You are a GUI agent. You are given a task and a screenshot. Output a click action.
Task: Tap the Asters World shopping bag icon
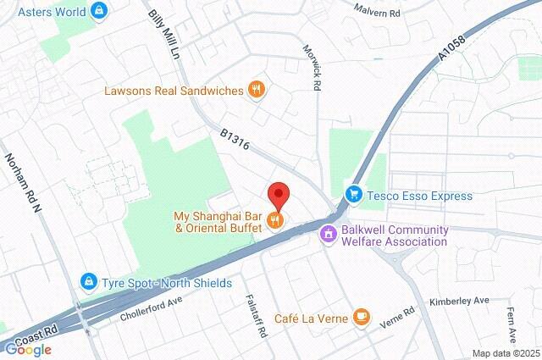click(100, 10)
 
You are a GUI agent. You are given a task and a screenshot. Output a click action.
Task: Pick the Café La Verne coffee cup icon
click(362, 318)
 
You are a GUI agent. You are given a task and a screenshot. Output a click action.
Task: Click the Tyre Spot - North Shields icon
click(88, 280)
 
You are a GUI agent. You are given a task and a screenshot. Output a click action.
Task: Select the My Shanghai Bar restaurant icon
click(274, 221)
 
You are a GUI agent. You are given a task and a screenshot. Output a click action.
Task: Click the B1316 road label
click(235, 141)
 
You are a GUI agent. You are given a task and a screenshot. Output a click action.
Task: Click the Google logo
click(27, 349)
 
